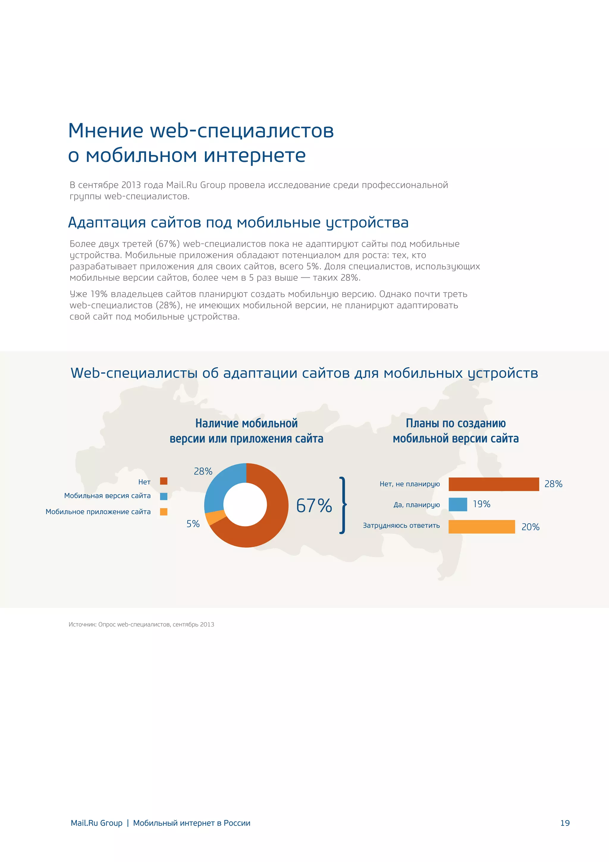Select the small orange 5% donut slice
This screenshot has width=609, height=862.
(216, 518)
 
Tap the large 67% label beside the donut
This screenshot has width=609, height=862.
(314, 505)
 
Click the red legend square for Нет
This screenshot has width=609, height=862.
(164, 481)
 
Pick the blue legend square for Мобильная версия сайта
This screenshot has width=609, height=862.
(164, 496)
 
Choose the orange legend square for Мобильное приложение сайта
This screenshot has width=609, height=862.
(164, 512)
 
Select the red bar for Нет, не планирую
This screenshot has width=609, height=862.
(494, 484)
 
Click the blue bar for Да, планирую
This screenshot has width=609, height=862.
(458, 505)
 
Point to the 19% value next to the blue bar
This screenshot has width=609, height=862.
(481, 504)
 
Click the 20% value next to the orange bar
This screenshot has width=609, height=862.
(530, 527)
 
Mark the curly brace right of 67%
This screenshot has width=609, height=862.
(342, 505)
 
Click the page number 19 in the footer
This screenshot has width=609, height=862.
(565, 823)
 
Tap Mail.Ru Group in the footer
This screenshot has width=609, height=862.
(96, 823)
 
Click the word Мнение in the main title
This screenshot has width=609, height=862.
(106, 131)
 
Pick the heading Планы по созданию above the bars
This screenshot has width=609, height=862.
(456, 424)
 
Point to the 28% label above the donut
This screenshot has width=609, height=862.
(203, 471)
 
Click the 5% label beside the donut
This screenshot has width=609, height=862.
(193, 524)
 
